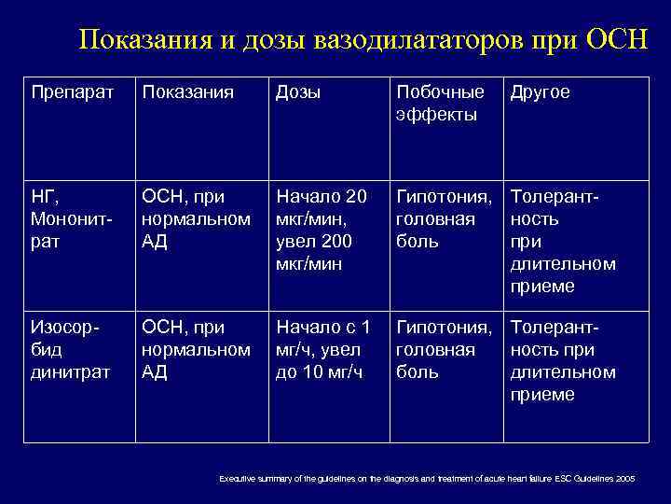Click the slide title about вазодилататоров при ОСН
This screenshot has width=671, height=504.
(x=363, y=41)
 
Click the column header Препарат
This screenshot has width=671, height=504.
(x=72, y=93)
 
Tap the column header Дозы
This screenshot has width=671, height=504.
(x=298, y=93)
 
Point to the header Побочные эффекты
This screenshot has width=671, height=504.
(x=440, y=104)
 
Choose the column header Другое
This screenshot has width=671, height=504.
(x=539, y=93)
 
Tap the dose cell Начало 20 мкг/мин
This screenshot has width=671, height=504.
(x=321, y=230)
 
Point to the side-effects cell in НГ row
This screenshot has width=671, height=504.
(x=444, y=218)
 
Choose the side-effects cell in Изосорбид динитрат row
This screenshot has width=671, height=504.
(x=444, y=350)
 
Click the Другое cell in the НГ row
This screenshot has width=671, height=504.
(x=563, y=242)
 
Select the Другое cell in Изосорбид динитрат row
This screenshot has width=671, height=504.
(x=563, y=361)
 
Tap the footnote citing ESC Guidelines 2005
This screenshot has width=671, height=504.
(x=427, y=478)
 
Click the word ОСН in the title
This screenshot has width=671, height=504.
(x=617, y=41)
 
